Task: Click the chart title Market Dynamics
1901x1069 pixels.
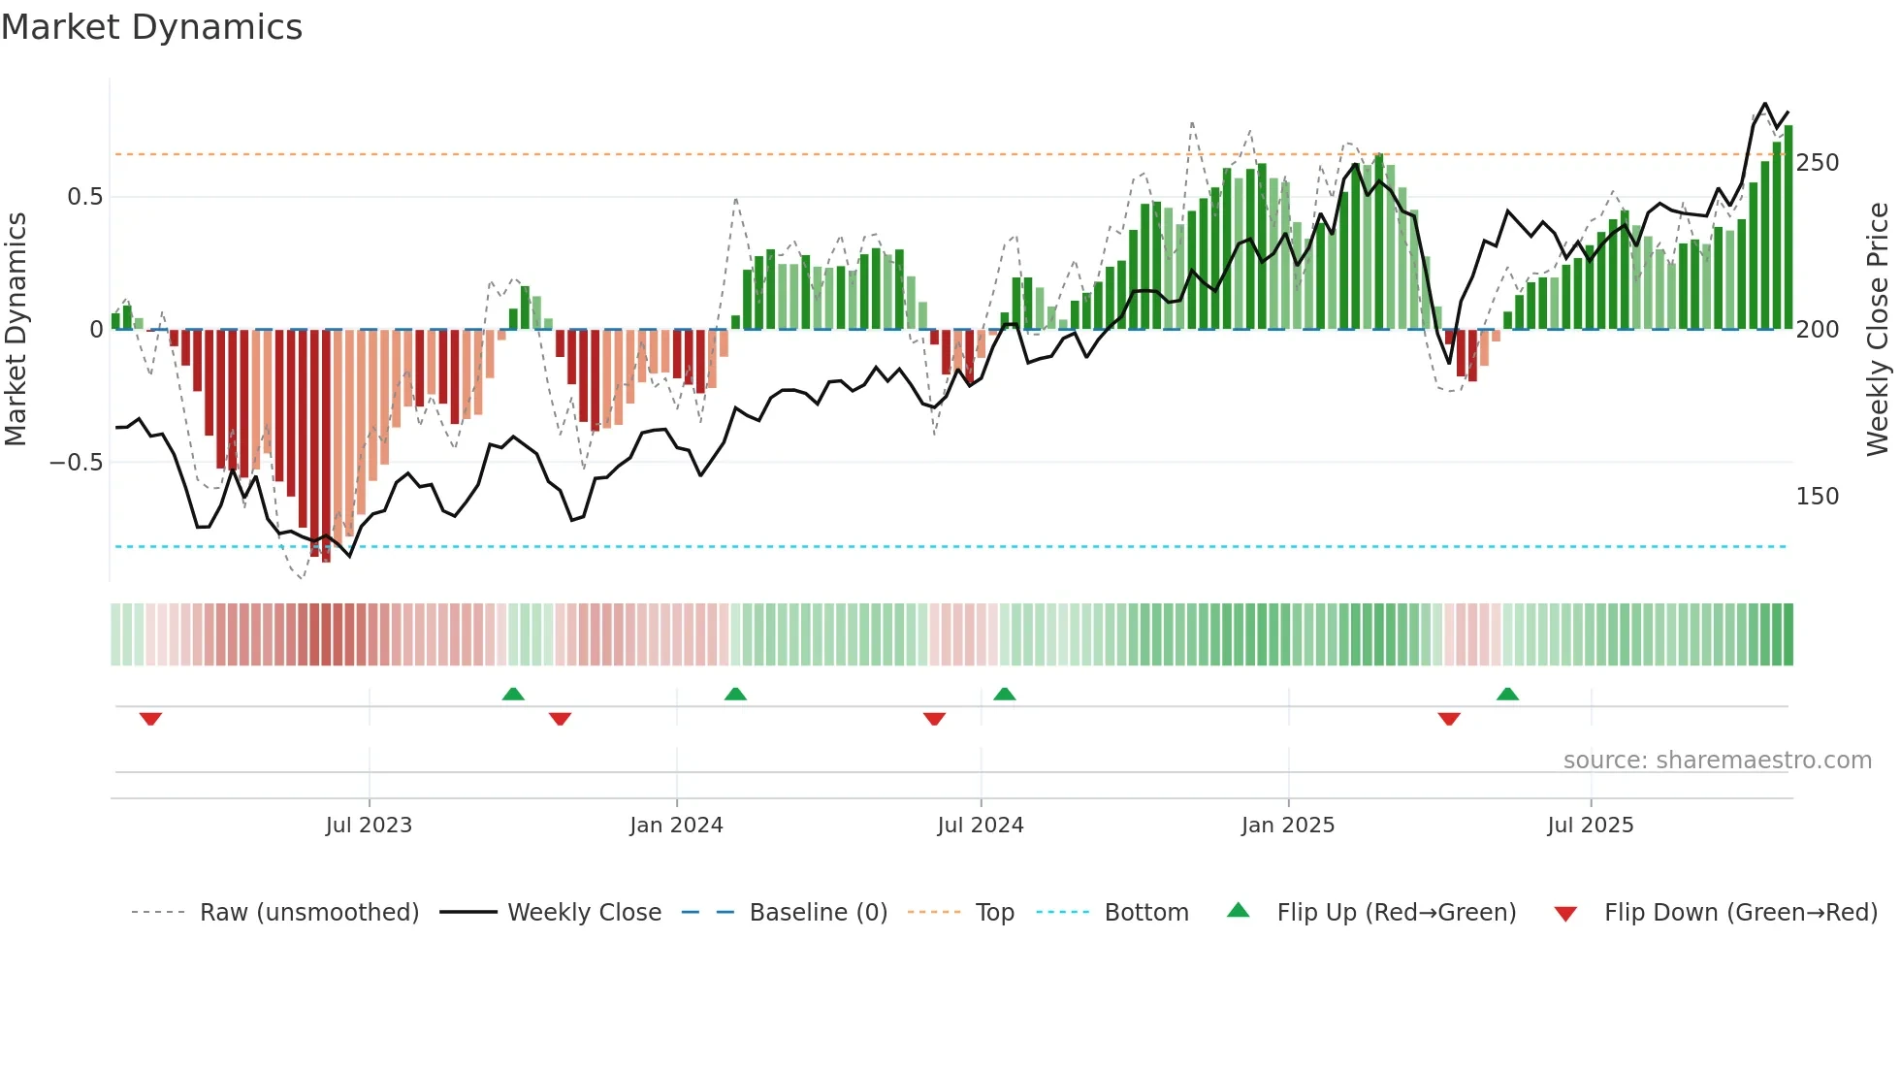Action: [152, 27]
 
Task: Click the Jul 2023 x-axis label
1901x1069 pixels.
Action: [369, 826]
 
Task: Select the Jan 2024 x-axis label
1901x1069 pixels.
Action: [676, 826]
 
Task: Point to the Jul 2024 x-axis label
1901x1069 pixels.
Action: [981, 826]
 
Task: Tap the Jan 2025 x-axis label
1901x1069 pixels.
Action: [1288, 826]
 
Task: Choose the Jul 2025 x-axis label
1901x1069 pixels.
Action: [1591, 826]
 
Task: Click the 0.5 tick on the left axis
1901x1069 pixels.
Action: [85, 197]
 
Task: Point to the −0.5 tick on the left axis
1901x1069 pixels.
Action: [77, 462]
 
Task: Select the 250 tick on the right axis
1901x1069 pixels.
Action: [1818, 163]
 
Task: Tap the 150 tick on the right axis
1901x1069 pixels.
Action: [1818, 497]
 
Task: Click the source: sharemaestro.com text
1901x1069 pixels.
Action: [1717, 761]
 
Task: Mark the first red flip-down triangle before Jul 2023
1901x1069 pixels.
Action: [150, 719]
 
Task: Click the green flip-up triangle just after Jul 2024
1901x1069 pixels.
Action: [1005, 694]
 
